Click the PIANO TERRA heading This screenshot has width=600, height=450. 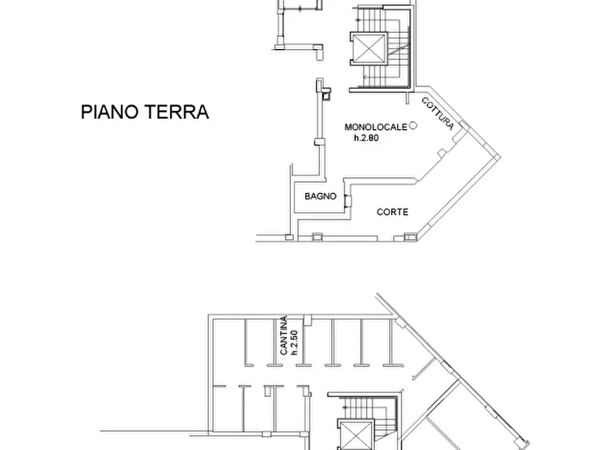[x=144, y=112]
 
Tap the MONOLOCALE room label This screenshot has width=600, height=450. [x=376, y=126]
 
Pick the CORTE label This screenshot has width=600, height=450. [x=393, y=212]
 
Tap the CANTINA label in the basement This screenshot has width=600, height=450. [x=285, y=336]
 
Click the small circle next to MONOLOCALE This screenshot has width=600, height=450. [x=414, y=125]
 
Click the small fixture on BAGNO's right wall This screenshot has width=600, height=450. [x=346, y=198]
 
